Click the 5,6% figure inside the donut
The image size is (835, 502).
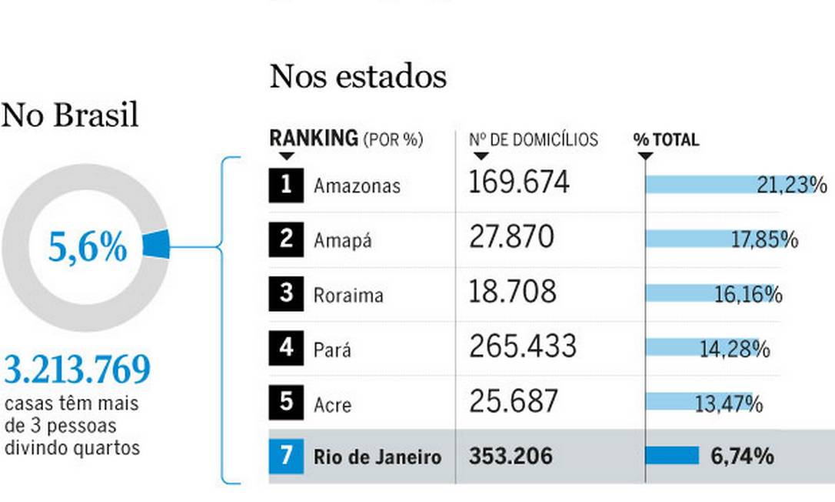click(88, 248)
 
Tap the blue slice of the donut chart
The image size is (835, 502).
click(157, 244)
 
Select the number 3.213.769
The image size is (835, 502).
click(77, 370)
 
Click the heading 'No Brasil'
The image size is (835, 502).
click(70, 115)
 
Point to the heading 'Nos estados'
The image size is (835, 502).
click(358, 76)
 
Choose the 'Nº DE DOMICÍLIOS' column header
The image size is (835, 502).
click(533, 139)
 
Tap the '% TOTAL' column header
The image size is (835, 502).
click(666, 139)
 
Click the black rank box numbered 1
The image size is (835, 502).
click(285, 186)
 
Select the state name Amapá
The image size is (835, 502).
click(342, 240)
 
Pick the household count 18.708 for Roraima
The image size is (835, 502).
click(512, 293)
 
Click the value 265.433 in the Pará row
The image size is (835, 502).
click(522, 347)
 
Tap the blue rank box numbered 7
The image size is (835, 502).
click(285, 456)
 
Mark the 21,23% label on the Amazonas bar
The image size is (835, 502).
click(792, 185)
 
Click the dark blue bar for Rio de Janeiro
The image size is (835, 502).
click(672, 456)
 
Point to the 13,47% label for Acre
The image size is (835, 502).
click(728, 403)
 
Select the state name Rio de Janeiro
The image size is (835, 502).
click(378, 457)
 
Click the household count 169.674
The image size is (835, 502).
click(519, 183)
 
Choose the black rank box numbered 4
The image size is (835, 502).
click(285, 347)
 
